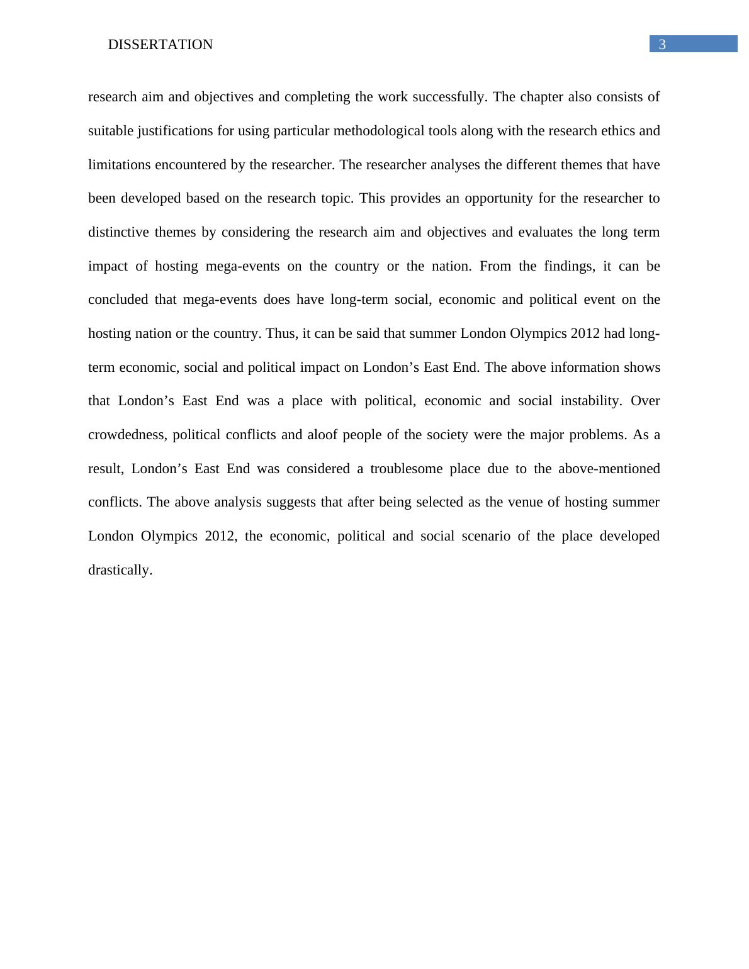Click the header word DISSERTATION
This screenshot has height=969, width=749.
(x=160, y=45)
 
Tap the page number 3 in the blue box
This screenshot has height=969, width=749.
(x=662, y=45)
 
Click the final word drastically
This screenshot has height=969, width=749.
(x=120, y=570)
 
